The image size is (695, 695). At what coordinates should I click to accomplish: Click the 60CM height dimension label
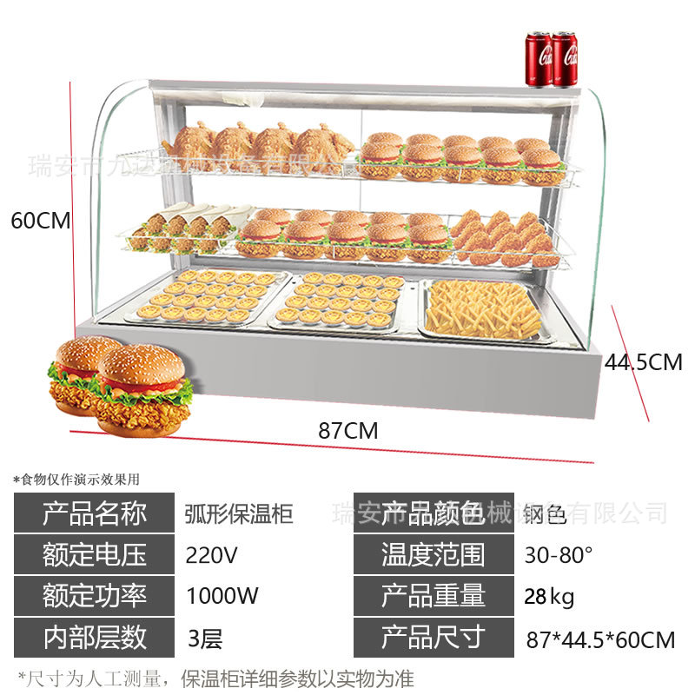[40, 221]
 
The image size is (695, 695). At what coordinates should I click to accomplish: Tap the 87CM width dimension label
[347, 429]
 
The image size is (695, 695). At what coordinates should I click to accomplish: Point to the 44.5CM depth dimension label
[643, 361]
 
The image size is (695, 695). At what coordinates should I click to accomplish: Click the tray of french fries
[485, 310]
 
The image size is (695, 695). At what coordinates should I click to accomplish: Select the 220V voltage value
[212, 554]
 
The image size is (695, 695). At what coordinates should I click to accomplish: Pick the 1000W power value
[222, 596]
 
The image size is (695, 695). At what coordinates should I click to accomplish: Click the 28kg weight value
[549, 597]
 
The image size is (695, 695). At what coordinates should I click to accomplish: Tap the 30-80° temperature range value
[559, 554]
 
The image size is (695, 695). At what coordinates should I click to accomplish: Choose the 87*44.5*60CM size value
[600, 640]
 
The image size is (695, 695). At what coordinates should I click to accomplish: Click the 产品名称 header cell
[95, 513]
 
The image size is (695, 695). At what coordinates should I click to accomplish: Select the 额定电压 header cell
[95, 554]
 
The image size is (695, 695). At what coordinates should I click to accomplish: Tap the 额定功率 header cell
[95, 596]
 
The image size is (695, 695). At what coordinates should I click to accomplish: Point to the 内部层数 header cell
[95, 639]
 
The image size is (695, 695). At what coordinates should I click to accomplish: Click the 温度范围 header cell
[434, 554]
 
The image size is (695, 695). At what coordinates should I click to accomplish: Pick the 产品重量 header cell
[434, 596]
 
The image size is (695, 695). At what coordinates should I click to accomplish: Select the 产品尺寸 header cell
[434, 639]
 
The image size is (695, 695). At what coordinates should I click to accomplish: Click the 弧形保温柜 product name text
[240, 513]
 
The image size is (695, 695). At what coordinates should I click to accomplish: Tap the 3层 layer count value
[205, 639]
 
